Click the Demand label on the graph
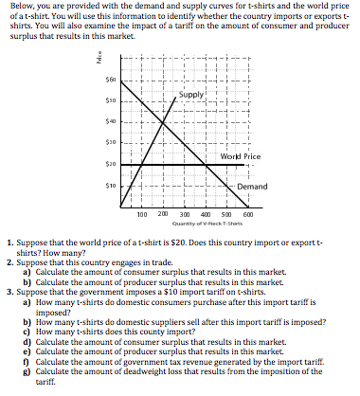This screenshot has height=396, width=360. [x=251, y=187]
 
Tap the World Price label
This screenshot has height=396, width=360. [x=239, y=154]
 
